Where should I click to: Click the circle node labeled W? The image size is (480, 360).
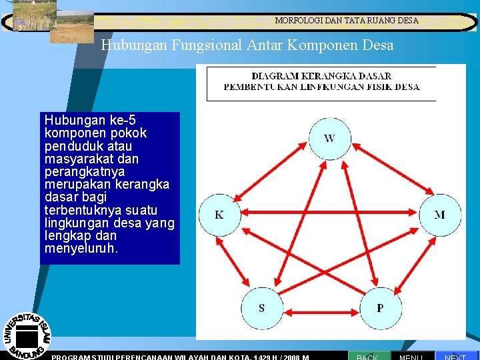[329, 139]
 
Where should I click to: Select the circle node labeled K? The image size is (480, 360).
[219, 215]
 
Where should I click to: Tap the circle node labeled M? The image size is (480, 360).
[439, 215]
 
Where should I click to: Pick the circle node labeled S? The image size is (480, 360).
[261, 308]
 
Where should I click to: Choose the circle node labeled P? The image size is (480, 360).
[380, 308]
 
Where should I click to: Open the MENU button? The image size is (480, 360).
[411, 356]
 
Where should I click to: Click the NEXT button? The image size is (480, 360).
[456, 356]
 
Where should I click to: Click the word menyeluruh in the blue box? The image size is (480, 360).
[80, 249]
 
